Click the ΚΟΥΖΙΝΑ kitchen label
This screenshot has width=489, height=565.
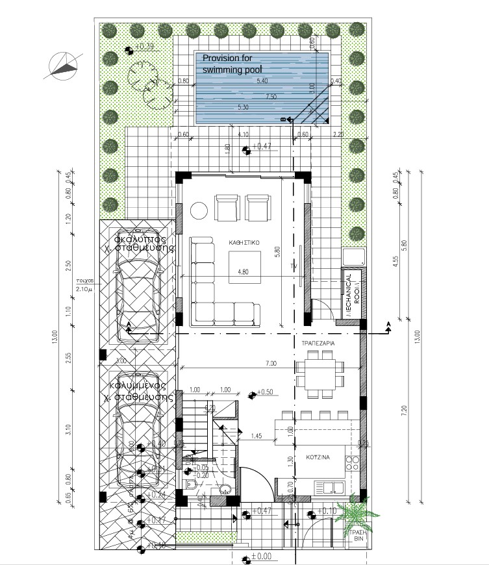tap(318, 457)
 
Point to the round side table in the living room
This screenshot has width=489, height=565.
tap(198, 210)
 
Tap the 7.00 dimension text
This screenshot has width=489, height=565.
tap(271, 363)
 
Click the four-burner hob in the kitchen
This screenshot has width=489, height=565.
tap(354, 463)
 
